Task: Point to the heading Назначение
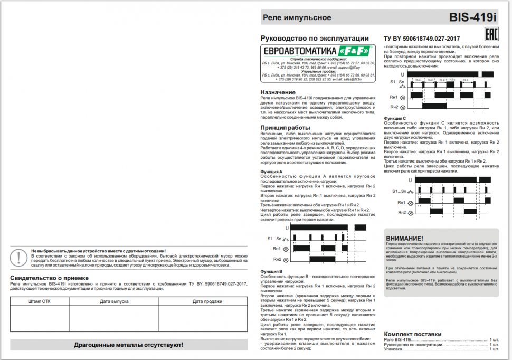click(x=278, y=92)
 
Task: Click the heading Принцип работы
click(x=285, y=128)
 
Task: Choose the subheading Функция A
click(x=272, y=172)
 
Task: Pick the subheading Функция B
click(x=272, y=271)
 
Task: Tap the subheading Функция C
click(x=395, y=118)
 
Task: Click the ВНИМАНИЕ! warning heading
click(x=405, y=239)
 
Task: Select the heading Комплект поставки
click(x=413, y=334)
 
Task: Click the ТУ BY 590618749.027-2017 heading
click(x=422, y=39)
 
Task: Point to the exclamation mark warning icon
click(x=20, y=257)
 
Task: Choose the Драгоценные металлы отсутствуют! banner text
click(x=128, y=345)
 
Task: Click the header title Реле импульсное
click(x=297, y=17)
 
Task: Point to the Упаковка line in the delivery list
click(x=394, y=349)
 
